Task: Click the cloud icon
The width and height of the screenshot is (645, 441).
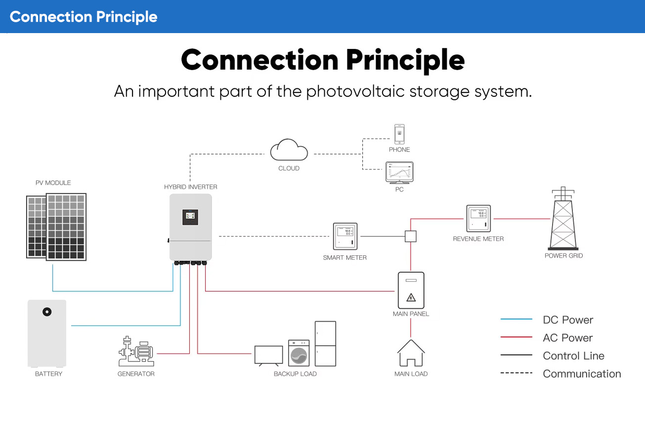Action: [289, 150]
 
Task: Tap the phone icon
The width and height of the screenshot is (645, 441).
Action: [399, 134]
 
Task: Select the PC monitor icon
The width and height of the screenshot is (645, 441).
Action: [399, 173]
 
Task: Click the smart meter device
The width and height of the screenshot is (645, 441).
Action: [345, 236]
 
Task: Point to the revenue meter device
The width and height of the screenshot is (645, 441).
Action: [478, 218]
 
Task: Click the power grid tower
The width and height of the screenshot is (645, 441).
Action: [563, 218]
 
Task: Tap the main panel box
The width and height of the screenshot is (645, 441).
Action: [411, 290]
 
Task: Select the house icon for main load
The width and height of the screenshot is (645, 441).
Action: [411, 353]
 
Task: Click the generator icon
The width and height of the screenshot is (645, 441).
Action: [136, 351]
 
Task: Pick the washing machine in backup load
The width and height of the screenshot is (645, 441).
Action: [299, 353]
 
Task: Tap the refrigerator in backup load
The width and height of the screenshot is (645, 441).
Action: [325, 344]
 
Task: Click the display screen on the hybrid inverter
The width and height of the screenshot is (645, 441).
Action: [190, 217]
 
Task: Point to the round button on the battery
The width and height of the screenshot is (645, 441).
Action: [47, 312]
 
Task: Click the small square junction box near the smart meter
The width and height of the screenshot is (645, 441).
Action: [411, 237]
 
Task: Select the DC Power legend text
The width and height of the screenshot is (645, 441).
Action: [568, 320]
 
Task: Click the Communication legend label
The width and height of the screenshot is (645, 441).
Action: [582, 374]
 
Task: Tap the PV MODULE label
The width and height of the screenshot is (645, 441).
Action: [53, 183]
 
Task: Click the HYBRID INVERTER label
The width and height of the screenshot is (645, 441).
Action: [191, 187]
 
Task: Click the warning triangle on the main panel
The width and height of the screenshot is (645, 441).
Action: [411, 298]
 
